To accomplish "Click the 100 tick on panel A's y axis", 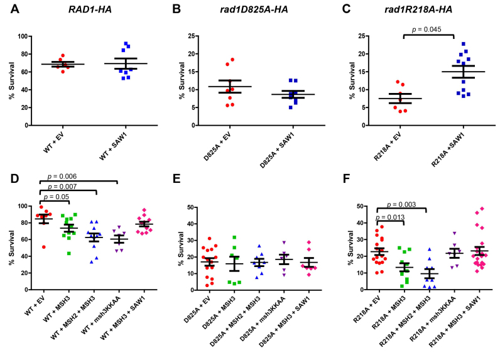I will [x=24, y=36].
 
